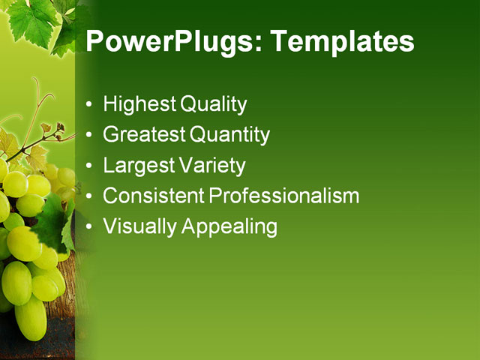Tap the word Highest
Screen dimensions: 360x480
coord(136,104)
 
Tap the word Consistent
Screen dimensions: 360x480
coord(153,196)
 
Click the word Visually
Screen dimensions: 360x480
coord(139,226)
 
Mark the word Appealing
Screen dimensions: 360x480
coord(229,226)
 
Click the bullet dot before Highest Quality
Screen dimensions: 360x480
coord(90,105)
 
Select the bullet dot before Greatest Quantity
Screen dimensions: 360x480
coord(90,136)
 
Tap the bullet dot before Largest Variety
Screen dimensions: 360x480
coord(90,166)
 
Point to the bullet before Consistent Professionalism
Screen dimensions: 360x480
coord(90,196)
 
